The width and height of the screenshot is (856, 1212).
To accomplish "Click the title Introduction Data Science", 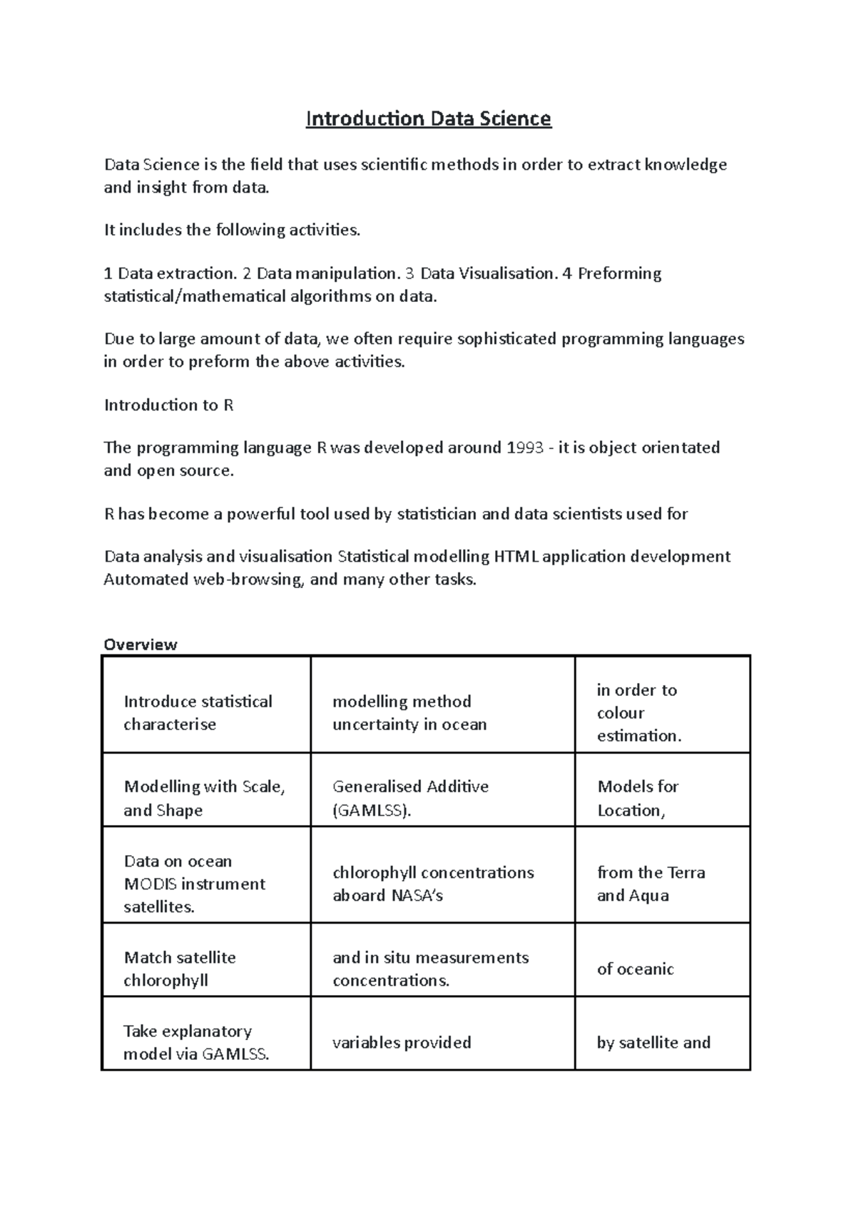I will tap(428, 118).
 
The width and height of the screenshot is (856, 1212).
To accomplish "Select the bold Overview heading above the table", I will tap(141, 645).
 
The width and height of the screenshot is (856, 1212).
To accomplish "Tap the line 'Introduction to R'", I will tap(168, 405).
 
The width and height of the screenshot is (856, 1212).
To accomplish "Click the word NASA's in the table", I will tap(417, 895).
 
